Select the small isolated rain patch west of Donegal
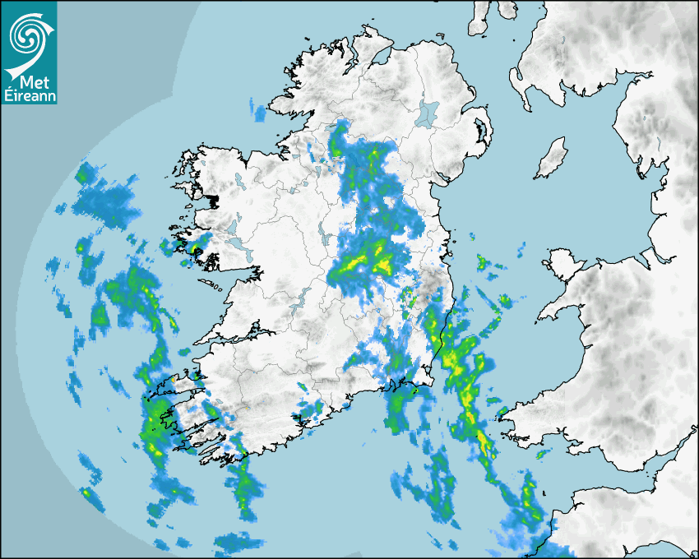point(260,112)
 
